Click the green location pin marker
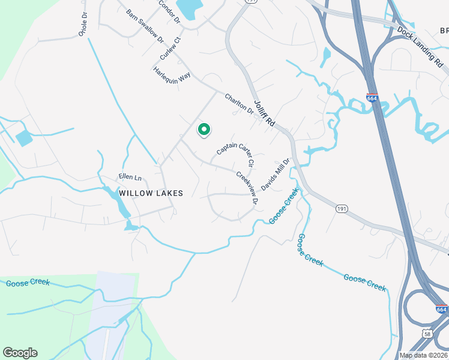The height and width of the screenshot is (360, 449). [204, 129]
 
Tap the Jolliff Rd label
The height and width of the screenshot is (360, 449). [264, 113]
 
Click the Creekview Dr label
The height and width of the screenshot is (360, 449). [246, 187]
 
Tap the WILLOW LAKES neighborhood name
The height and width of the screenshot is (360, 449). [151, 193]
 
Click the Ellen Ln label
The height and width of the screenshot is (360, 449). [129, 178]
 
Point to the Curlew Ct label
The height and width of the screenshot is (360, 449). [170, 49]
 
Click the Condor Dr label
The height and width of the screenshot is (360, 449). [169, 11]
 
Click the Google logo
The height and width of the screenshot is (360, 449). [20, 353]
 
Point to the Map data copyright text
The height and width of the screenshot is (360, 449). [424, 355]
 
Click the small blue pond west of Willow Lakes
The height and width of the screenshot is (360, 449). [24, 139]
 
